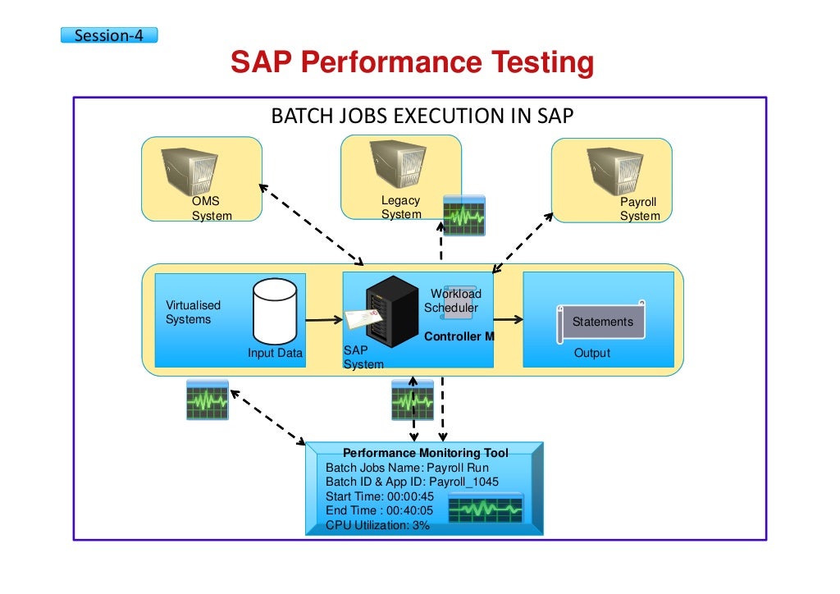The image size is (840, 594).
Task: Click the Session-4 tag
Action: click(109, 35)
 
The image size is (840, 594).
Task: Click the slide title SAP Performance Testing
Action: click(411, 63)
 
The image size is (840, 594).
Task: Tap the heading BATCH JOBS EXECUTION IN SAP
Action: click(422, 117)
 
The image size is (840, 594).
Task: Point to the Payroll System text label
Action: click(639, 209)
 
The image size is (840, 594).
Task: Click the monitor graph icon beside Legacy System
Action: click(464, 216)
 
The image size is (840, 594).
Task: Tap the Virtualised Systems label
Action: click(193, 312)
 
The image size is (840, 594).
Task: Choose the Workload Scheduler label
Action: click(454, 301)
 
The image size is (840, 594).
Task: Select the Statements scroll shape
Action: click(602, 321)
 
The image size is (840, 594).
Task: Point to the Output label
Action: click(591, 353)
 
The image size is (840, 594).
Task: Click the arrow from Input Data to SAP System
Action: click(323, 321)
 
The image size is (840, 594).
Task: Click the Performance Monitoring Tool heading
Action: click(425, 453)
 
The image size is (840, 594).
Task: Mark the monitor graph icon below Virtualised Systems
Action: click(208, 400)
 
